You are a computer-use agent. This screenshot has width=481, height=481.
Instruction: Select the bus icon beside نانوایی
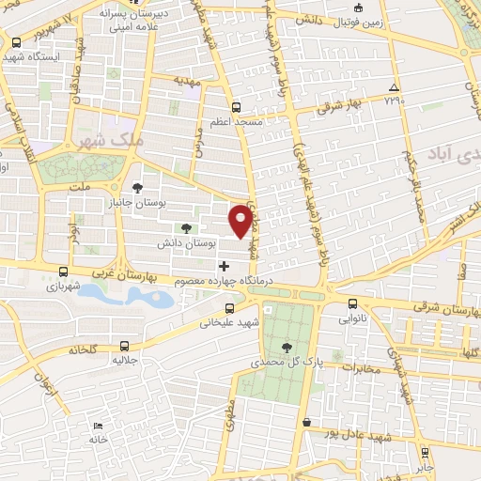tap(353, 303)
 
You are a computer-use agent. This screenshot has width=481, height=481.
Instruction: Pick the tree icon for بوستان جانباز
tap(138, 187)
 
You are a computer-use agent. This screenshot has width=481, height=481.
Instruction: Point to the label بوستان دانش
tap(217, 242)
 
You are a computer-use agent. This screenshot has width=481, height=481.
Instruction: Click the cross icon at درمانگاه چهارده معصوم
tap(223, 267)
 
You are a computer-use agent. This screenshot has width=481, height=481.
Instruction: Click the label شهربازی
tap(63, 287)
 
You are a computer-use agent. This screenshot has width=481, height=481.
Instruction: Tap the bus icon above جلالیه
tap(119, 344)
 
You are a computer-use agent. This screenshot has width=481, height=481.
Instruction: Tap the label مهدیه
tap(188, 82)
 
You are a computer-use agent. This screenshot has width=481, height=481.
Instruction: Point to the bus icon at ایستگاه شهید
tap(17, 41)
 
